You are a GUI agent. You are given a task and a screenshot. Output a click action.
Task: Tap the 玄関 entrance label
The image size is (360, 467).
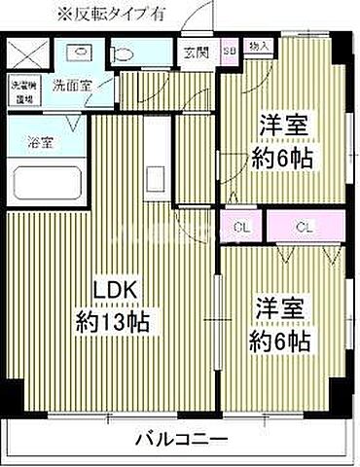point(193,51)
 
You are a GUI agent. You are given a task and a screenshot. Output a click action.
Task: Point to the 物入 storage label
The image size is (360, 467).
point(259,46)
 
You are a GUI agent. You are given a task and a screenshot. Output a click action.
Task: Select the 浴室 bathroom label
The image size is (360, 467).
point(40,142)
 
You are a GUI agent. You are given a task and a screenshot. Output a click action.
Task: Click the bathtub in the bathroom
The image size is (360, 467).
point(47,184)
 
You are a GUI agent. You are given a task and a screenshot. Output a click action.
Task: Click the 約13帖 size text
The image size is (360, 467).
point(113,320)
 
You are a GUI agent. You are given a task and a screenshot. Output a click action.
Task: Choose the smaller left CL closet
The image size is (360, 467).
point(239,229)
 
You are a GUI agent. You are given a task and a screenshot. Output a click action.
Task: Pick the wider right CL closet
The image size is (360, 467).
point(305,229)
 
